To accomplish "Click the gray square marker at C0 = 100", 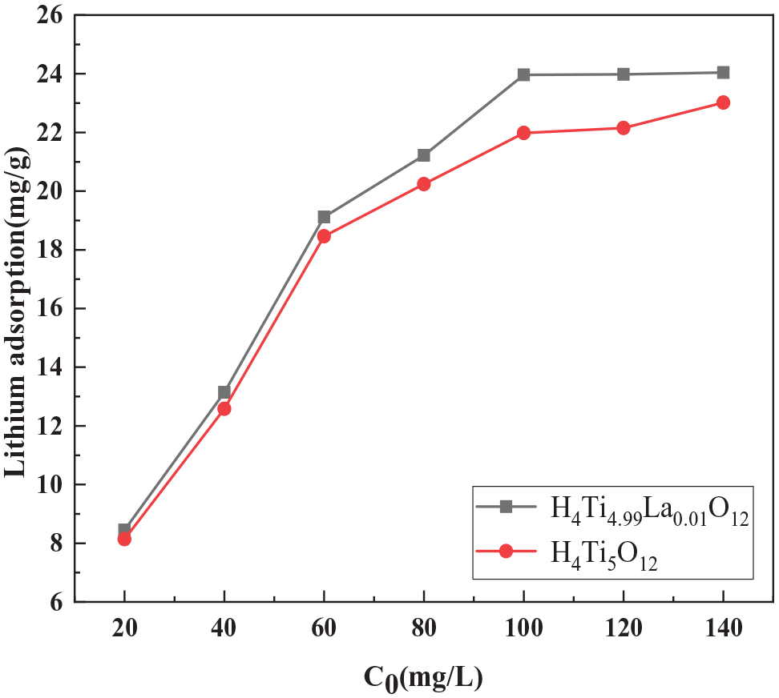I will coord(523,74).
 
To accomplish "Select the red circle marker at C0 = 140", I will coord(723,102).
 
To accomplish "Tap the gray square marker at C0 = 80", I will coord(423,155).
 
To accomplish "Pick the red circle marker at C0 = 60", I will coord(324,236).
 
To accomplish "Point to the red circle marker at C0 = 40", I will coord(224,408).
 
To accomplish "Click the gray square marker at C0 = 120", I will coord(624,74).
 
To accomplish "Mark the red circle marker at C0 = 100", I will coord(523,133).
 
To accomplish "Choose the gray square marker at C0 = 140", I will coord(723,72).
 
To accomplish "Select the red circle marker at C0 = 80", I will coord(423,184).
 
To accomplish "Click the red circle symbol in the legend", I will coord(506,551).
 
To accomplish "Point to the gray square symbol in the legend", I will coord(506,506).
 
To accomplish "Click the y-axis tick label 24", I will coord(51,74).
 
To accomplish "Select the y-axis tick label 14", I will coord(51,367).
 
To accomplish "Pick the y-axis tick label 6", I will coord(58,602).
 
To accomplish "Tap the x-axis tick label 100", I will coord(523,629).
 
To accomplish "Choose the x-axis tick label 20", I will coord(124,629).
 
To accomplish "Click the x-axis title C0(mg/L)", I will coord(423,677).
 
